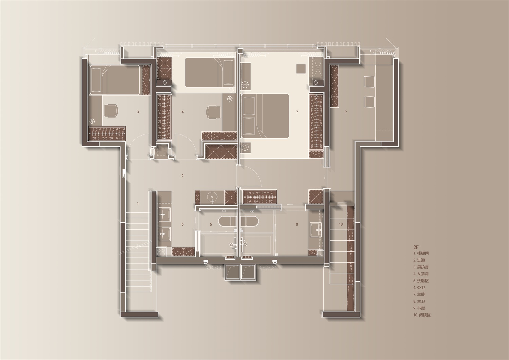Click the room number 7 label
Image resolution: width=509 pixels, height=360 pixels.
[x=297, y=112]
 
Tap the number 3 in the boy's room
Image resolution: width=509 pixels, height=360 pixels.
[x=138, y=112]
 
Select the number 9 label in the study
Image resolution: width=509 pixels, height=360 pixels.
[x=346, y=112]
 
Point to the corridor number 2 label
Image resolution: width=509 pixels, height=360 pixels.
[x=183, y=176]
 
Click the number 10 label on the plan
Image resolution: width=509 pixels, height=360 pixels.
[x=341, y=224]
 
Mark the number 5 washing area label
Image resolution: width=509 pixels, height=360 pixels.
[x=183, y=224]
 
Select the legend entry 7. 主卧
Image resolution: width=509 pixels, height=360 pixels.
[x=419, y=294]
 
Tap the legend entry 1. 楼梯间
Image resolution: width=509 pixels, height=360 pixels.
[x=421, y=253]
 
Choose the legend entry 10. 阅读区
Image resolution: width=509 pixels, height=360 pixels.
[x=422, y=315]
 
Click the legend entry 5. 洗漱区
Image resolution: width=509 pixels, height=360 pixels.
[x=421, y=281]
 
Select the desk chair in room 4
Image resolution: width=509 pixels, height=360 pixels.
[x=213, y=112]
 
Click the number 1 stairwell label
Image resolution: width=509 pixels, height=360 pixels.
[x=138, y=204]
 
